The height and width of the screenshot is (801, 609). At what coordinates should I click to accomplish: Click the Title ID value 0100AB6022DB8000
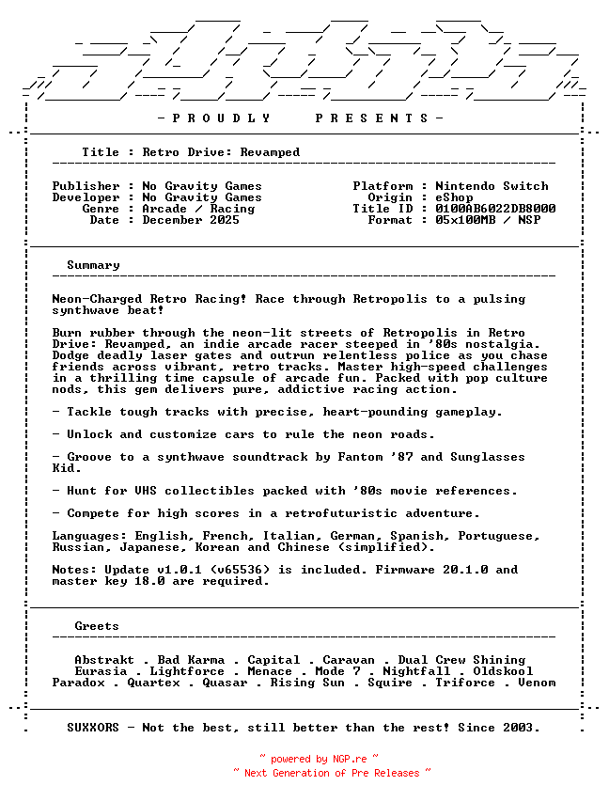coord(495,209)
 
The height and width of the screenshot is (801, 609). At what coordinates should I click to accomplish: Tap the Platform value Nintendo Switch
coord(492,186)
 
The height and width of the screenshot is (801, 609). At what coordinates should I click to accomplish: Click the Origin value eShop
coord(454,197)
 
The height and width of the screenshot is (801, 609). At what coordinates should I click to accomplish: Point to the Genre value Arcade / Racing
coord(198,209)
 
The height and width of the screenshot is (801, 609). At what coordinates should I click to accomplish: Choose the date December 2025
coord(191,220)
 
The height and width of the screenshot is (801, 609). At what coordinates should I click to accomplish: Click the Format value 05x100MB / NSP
coord(488,220)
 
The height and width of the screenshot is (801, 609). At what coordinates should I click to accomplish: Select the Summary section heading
coord(93,265)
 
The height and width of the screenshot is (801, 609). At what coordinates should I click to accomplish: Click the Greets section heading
coord(97,626)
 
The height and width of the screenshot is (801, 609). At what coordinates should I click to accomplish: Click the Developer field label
coord(86,197)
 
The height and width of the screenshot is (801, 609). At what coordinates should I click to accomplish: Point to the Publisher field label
coord(86,186)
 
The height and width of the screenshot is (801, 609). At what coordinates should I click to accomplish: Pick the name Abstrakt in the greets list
coord(104,660)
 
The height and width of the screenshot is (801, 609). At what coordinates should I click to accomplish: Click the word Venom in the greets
coord(537,683)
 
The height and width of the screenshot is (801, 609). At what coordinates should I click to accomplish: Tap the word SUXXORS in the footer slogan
coord(93,728)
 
